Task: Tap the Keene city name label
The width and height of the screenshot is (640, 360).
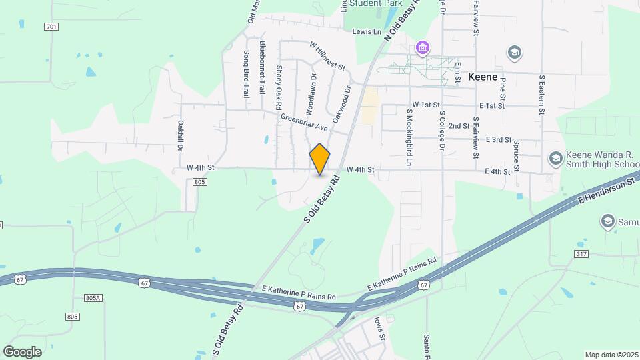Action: click(483, 77)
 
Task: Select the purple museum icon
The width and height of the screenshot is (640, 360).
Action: click(423, 47)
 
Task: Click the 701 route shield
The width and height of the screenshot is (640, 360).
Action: click(51, 27)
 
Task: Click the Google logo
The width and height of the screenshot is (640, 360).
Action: click(22, 351)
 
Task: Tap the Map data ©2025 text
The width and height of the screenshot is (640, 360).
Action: click(610, 355)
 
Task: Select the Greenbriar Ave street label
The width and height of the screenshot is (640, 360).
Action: click(304, 123)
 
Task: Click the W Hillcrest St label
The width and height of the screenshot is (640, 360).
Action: click(327, 56)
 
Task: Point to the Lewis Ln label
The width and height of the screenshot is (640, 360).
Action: click(366, 31)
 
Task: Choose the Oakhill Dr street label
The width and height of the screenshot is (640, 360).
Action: click(180, 134)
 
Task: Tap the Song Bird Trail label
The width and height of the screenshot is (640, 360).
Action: click(246, 74)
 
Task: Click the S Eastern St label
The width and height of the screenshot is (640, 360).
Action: click(543, 94)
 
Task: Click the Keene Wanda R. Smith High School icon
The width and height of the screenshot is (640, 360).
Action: click(555, 159)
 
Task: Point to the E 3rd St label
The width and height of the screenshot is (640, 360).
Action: click(498, 139)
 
